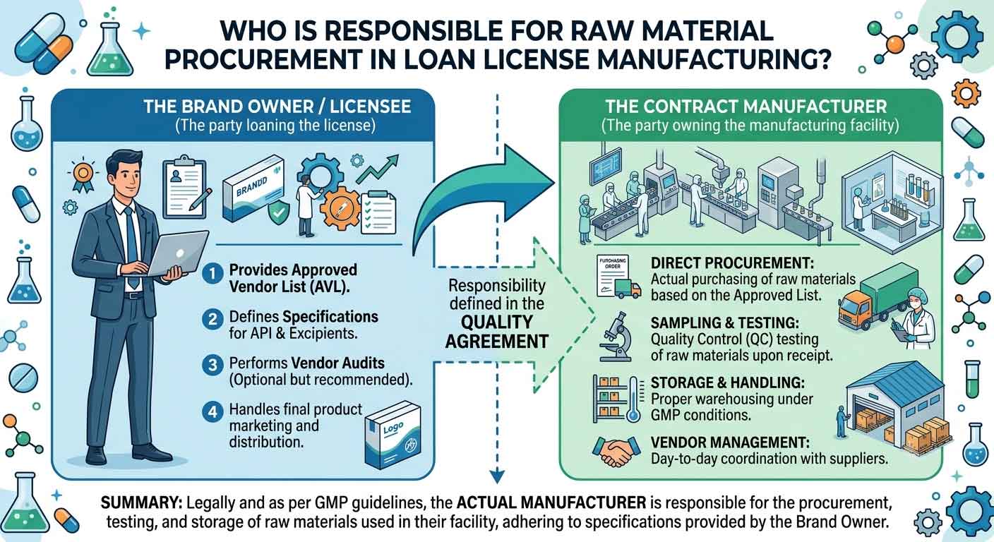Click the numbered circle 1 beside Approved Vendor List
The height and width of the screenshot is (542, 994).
point(212,273)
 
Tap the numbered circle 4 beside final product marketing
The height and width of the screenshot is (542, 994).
point(212,412)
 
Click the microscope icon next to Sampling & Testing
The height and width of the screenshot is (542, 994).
point(616,337)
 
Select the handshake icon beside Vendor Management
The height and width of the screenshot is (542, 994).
point(616,451)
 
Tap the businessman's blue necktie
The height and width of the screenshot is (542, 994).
point(132,248)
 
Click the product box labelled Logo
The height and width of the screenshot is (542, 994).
point(392,435)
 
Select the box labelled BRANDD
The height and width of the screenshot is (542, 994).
point(253,188)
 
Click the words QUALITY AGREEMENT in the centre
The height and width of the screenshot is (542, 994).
point(496,332)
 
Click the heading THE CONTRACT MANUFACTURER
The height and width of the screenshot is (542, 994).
point(746,107)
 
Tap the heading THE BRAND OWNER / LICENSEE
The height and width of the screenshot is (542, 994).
point(277,107)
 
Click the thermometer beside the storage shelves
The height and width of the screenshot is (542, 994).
point(633,399)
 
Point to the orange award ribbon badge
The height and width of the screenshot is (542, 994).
point(83,175)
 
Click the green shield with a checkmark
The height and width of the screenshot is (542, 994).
point(279,212)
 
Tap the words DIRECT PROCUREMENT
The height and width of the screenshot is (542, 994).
point(732,263)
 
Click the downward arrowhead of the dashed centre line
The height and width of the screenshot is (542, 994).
point(497,476)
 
